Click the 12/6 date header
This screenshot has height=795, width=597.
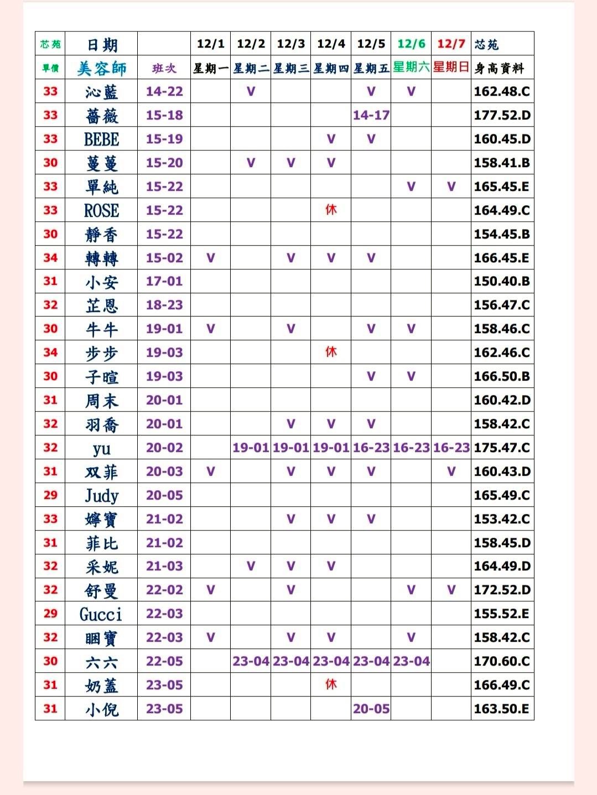coord(411,44)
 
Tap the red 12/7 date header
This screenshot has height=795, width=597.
coord(451,44)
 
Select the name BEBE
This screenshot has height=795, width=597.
coord(101,139)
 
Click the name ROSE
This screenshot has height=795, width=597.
coord(101,210)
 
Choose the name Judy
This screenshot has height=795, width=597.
coord(101,495)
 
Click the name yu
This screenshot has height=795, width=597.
coord(101,448)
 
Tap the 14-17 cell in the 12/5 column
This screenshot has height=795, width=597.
coord(371,115)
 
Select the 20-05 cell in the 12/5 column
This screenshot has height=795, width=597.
coord(371,709)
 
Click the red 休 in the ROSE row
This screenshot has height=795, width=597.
coord(331,210)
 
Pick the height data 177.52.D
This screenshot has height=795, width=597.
coord(502,115)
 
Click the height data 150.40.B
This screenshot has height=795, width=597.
coord(502,281)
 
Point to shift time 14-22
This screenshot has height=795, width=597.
coord(164,91)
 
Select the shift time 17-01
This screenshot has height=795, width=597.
coord(164,281)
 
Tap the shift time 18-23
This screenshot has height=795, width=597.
coord(164,305)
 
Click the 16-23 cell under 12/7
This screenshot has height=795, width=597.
coord(451,448)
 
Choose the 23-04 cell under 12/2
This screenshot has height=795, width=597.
coord(251,661)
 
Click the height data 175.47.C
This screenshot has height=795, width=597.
coord(502,448)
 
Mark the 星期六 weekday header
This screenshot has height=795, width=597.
coord(411,67)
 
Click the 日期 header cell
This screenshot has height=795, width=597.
coord(102,44)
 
